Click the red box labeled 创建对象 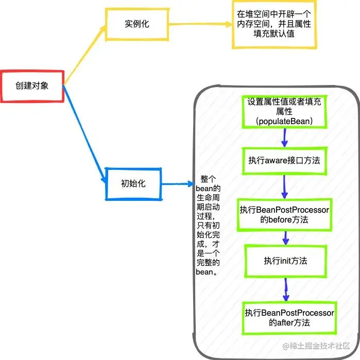click(x=32, y=85)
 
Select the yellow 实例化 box click(x=136, y=24)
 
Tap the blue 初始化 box click(x=133, y=183)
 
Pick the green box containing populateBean click(x=284, y=111)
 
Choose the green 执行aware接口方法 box click(x=284, y=160)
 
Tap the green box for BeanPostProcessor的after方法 click(x=289, y=317)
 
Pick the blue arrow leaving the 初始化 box click(x=178, y=183)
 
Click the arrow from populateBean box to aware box click(x=284, y=137)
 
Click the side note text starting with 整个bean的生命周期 click(x=209, y=226)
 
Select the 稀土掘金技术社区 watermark click(x=316, y=346)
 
